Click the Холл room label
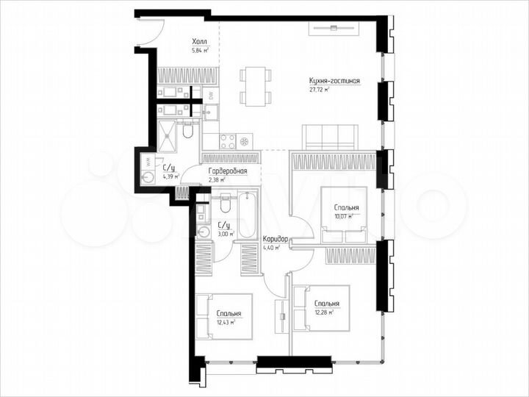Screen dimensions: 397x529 click(x=199, y=42)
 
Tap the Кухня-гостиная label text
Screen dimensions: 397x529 click(x=334, y=80)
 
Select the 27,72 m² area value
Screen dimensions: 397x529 click(x=320, y=90)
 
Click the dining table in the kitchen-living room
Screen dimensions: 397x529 click(x=255, y=86)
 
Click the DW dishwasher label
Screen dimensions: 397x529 click(x=210, y=95)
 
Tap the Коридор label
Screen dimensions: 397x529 click(x=276, y=240)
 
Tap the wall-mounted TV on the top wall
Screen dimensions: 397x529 click(x=334, y=28)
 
